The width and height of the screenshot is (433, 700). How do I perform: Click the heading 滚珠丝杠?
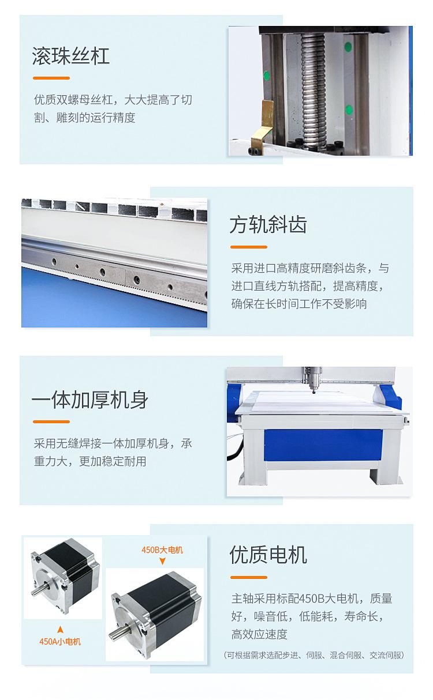tap(71, 57)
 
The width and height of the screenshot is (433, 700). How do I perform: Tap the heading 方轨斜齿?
tap(268, 225)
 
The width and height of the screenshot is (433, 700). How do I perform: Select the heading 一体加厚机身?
tap(90, 400)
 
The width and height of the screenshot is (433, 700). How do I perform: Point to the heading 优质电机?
tap(268, 555)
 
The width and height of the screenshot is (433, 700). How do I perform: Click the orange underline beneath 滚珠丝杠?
tap(51, 78)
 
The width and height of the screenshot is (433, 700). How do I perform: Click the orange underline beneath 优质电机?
tap(248, 577)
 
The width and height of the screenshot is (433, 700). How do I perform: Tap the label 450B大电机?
tap(162, 550)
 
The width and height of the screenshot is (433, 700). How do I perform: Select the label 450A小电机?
tap(60, 641)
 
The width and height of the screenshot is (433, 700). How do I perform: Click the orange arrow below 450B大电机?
tap(162, 561)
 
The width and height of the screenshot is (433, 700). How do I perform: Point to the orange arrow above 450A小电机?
tap(60, 629)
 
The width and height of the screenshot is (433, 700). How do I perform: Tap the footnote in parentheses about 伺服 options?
tap(313, 655)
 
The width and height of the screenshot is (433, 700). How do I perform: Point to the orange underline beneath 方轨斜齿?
tap(248, 247)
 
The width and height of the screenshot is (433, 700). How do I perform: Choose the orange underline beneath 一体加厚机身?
tap(51, 422)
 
